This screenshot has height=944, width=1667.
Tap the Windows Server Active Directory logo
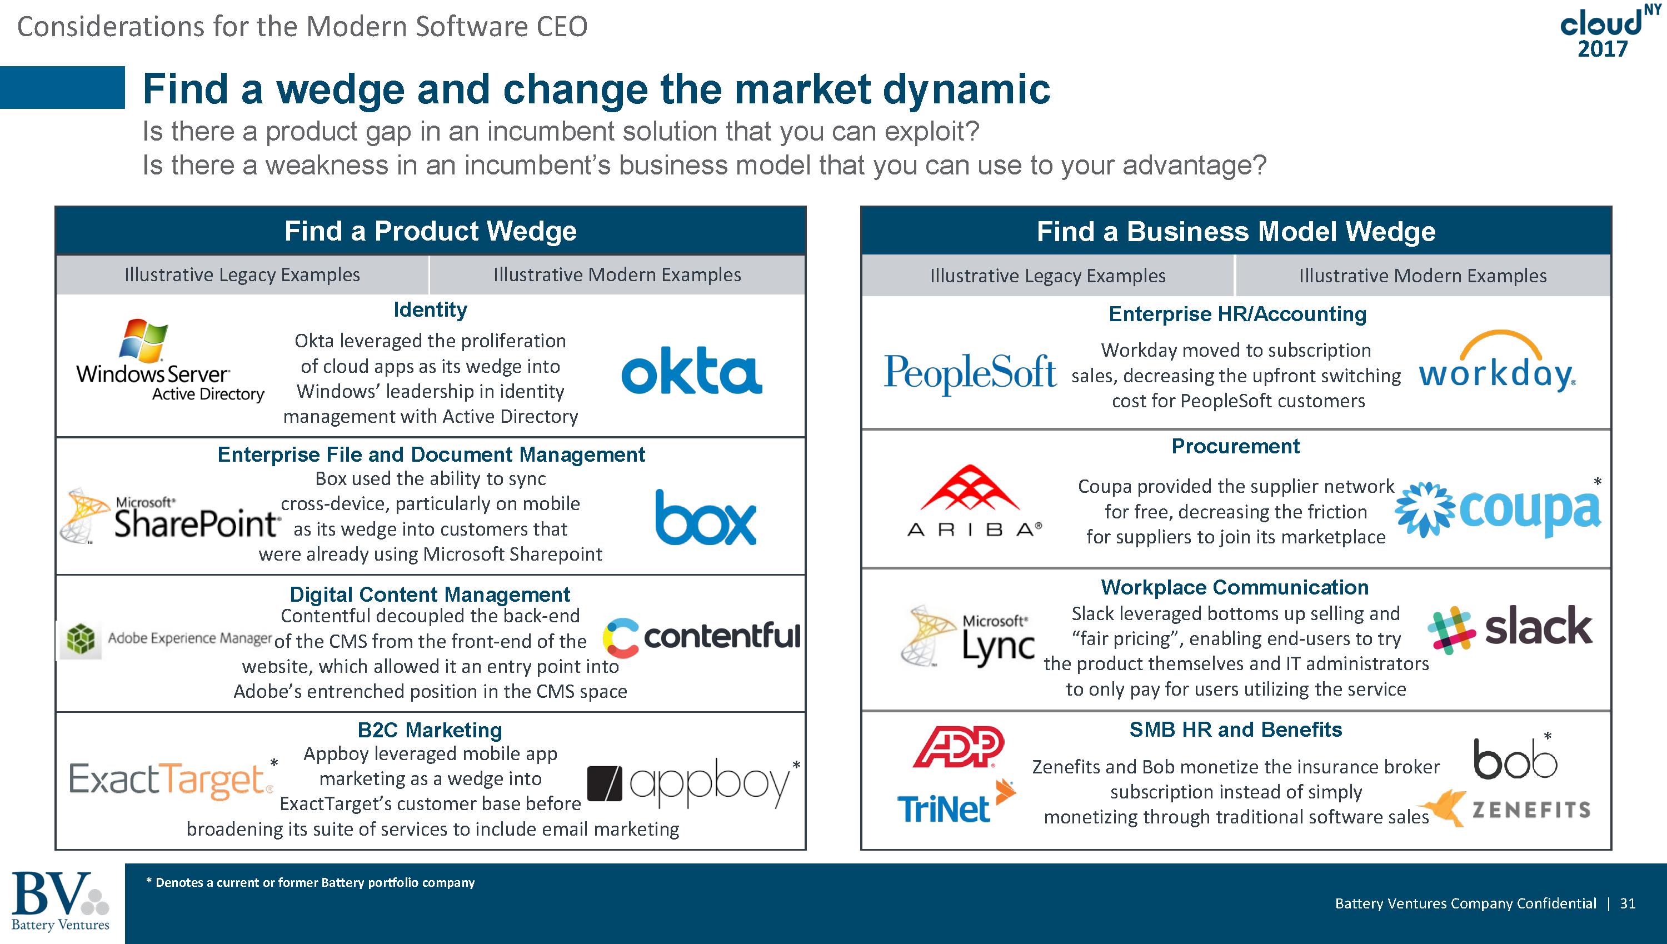(x=170, y=361)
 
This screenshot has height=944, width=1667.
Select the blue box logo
(x=706, y=517)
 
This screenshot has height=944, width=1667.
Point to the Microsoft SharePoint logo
(x=170, y=516)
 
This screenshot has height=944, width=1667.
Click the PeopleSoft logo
(x=970, y=374)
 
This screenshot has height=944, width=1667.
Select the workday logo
(x=1497, y=362)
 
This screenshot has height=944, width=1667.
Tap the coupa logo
(x=1497, y=510)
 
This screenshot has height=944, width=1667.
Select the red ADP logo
(x=959, y=747)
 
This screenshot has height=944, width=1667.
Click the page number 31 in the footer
(x=1628, y=903)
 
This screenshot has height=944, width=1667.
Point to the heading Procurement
(x=1235, y=446)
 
